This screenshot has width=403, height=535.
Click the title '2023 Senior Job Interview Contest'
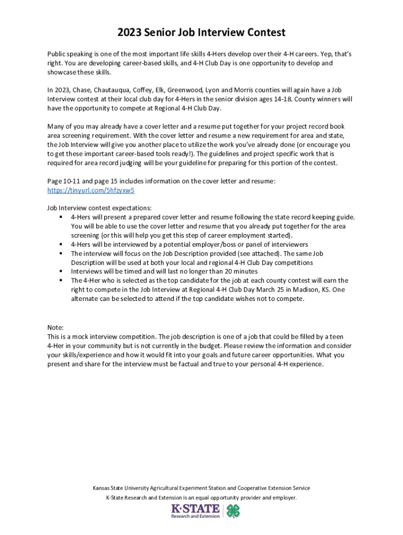point(201,32)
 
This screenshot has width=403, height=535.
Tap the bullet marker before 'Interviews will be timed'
point(61,272)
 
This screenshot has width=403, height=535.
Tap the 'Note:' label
point(55,328)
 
